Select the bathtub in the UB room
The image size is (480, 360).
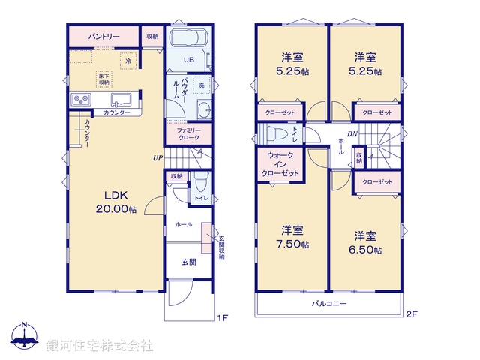click(190, 39)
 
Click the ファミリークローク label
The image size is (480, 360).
click(189, 134)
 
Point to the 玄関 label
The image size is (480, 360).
click(188, 262)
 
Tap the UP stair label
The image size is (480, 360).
click(157, 158)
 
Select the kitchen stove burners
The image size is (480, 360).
click(81, 100)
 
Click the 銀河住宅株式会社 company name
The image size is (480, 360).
click(99, 346)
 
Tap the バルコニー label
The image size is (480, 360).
click(330, 304)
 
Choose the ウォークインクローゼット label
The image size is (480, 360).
click(282, 164)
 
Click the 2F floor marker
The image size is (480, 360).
click(411, 315)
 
